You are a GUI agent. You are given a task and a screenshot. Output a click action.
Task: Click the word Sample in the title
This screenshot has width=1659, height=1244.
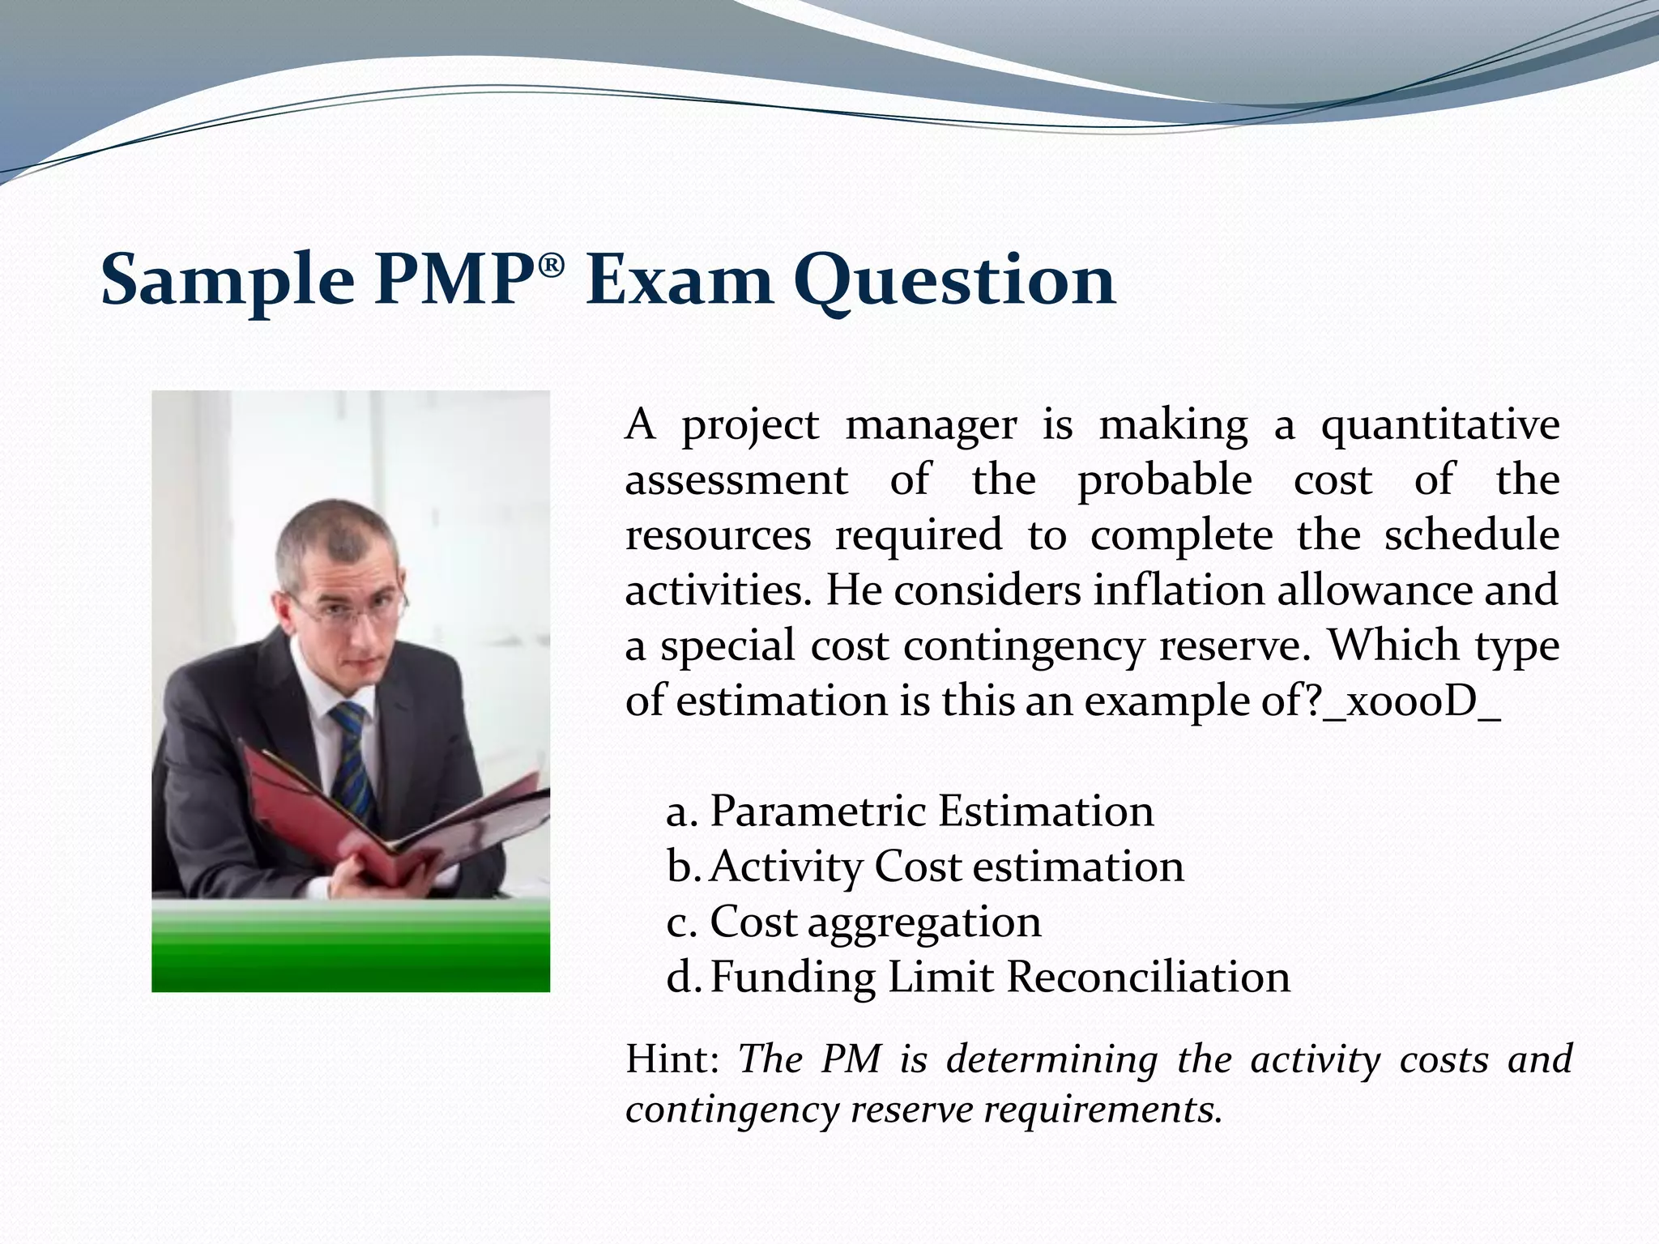pyautogui.click(x=228, y=279)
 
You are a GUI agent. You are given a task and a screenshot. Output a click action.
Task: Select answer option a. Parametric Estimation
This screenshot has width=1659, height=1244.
pyautogui.click(x=910, y=811)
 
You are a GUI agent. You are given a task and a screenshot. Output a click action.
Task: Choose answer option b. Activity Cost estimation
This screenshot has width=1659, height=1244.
pyautogui.click(x=925, y=866)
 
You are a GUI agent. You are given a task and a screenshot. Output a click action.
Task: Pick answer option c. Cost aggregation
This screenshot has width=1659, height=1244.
pyautogui.click(x=854, y=922)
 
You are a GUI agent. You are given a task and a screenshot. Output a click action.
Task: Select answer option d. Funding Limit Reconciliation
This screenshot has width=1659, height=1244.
pyautogui.click(x=978, y=977)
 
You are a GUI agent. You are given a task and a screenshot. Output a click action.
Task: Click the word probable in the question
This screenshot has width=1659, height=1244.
pyautogui.click(x=1164, y=480)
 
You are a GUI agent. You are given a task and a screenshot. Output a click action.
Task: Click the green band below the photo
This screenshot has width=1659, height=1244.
pyautogui.click(x=350, y=948)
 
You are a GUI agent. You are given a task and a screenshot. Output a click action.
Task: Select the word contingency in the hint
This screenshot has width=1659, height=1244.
pyautogui.click(x=731, y=1110)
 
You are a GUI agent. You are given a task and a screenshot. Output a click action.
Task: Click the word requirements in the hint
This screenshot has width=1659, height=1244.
pyautogui.click(x=1102, y=1110)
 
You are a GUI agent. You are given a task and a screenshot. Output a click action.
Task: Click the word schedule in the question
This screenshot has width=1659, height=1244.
pyautogui.click(x=1471, y=535)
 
